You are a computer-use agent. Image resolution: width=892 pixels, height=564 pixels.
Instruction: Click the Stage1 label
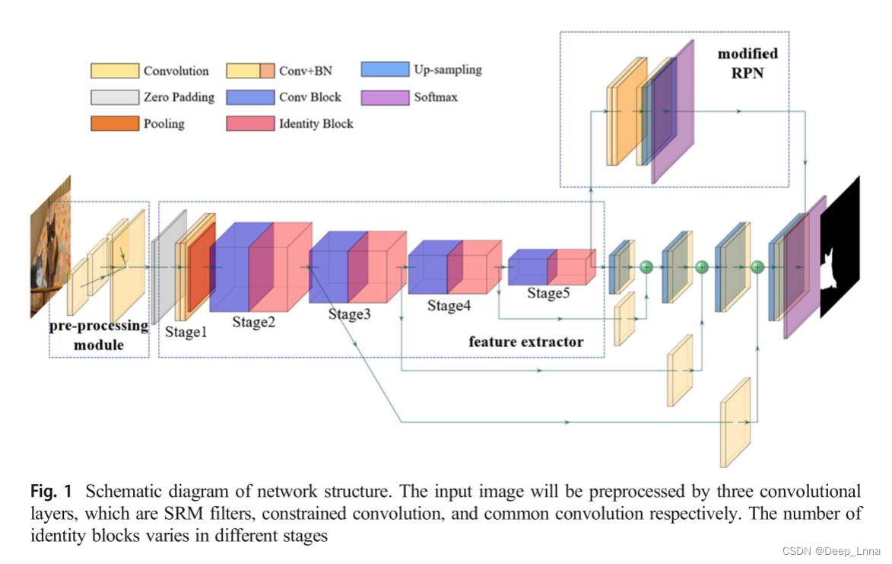click(186, 332)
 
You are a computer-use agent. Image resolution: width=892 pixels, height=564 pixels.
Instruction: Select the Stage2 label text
click(253, 322)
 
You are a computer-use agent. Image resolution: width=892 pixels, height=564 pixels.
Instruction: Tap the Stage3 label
click(350, 314)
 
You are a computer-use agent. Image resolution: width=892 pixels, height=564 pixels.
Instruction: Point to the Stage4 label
click(449, 305)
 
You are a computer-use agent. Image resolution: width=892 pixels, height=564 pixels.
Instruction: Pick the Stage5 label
click(549, 293)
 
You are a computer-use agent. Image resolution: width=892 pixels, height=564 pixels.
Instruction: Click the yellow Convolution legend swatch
click(115, 71)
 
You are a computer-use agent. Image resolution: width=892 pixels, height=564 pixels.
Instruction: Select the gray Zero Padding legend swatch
click(115, 97)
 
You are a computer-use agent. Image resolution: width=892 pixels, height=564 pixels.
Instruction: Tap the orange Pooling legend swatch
click(115, 123)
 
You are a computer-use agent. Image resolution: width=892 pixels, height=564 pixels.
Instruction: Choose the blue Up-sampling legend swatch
click(385, 69)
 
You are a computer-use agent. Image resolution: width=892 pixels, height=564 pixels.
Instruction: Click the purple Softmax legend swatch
click(385, 97)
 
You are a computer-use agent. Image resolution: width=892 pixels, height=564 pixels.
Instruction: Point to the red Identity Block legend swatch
click(250, 123)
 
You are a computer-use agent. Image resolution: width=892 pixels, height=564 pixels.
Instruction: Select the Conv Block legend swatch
click(250, 97)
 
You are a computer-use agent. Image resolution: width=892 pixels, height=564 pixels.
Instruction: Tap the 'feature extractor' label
click(525, 342)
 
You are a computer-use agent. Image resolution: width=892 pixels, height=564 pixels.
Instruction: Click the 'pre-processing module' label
click(99, 336)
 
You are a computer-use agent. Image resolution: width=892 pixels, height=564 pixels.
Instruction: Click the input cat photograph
click(49, 247)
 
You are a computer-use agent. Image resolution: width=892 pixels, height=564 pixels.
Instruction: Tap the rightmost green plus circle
click(757, 266)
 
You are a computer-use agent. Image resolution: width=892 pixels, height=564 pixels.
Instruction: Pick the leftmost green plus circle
click(646, 266)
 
